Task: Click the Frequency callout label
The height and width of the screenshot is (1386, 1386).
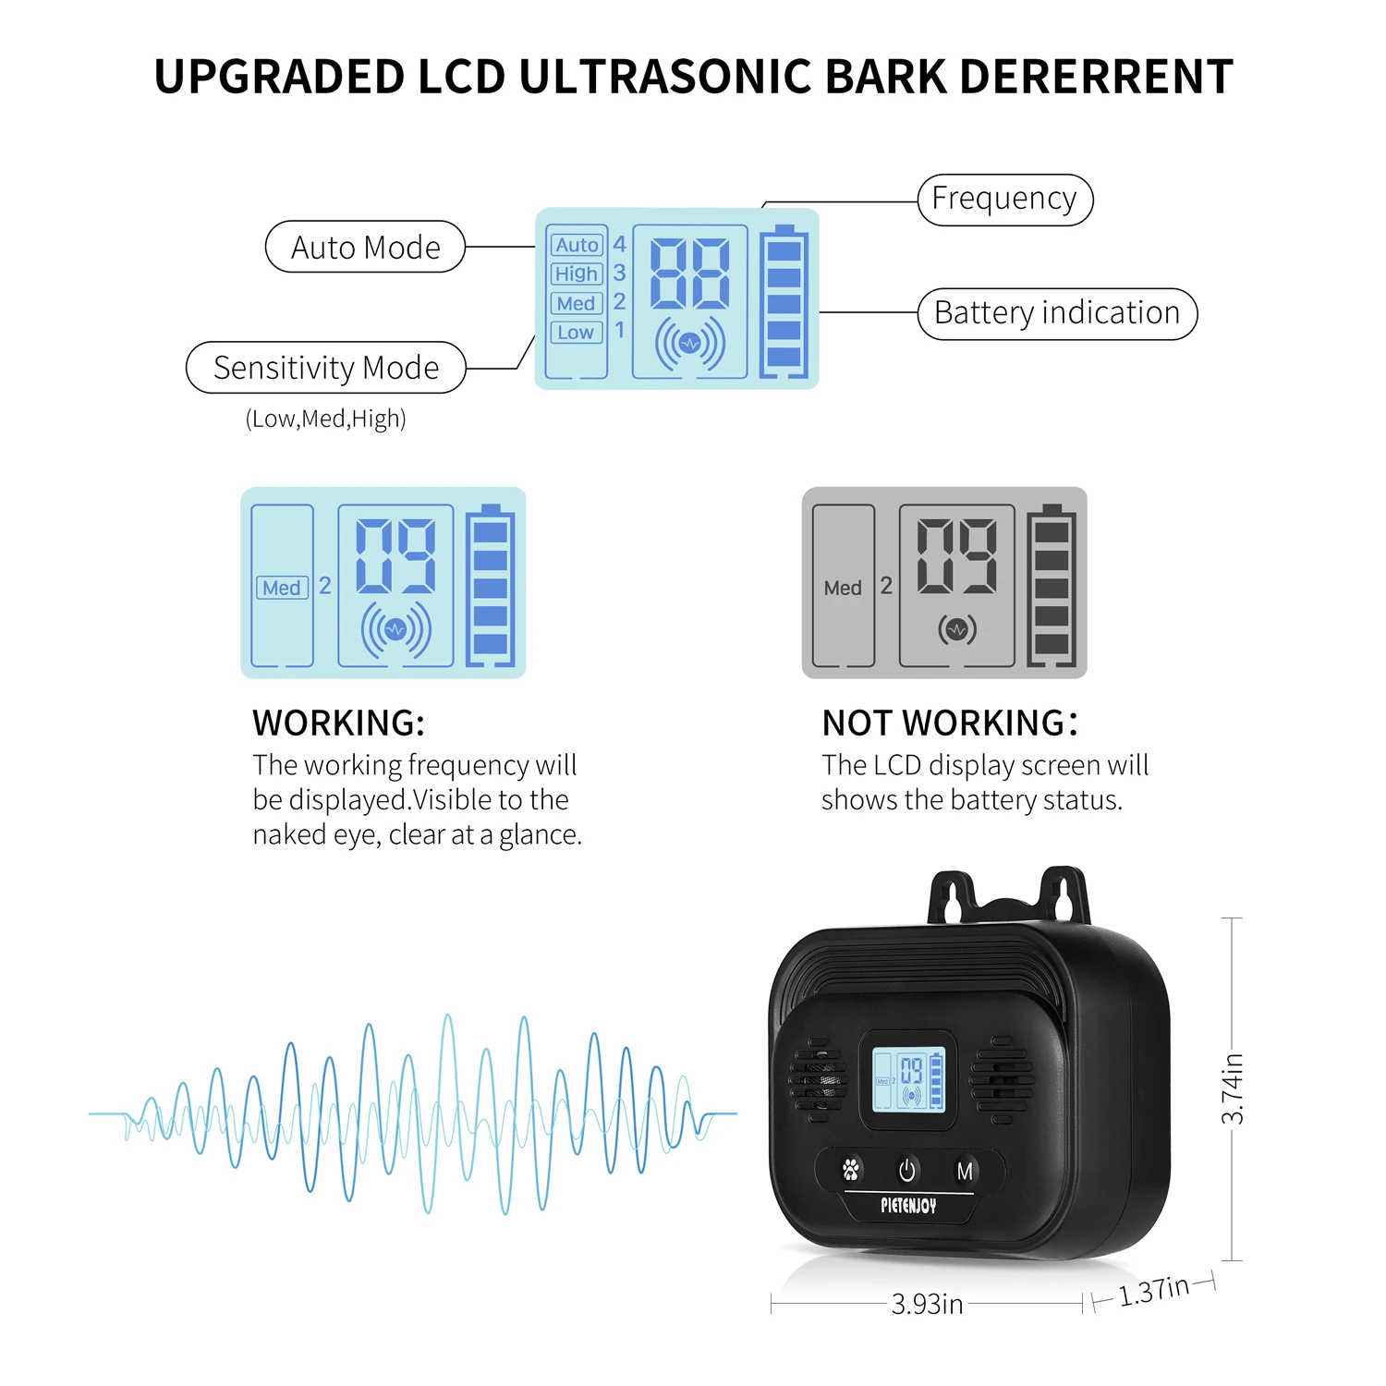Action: tap(1004, 200)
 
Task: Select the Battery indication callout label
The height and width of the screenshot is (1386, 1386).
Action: tap(1057, 314)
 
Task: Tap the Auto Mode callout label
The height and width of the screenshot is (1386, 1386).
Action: tap(365, 248)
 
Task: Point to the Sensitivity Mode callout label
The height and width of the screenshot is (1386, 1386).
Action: tap(326, 368)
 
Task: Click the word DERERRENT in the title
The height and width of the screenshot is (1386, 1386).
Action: tap(1096, 77)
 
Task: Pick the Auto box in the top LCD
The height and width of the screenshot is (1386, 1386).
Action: tap(577, 245)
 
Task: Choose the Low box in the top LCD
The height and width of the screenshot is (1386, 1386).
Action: tap(576, 333)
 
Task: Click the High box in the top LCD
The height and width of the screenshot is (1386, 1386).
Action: tap(577, 274)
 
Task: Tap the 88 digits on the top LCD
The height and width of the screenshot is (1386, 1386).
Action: tap(690, 274)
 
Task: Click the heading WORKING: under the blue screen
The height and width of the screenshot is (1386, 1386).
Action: tap(338, 723)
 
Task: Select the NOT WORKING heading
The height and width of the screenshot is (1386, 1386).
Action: tap(949, 723)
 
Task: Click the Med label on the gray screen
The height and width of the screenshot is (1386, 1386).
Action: tap(843, 589)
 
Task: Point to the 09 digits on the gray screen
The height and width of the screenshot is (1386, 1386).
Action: tap(956, 556)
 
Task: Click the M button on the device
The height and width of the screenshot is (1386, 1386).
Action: tap(965, 1172)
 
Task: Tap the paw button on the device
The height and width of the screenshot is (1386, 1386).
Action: tap(851, 1170)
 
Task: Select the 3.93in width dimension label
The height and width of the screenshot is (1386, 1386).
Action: tap(927, 1304)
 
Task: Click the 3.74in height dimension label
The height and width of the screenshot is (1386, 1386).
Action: tap(1233, 1089)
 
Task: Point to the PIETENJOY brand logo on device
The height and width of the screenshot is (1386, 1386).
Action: tap(908, 1206)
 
